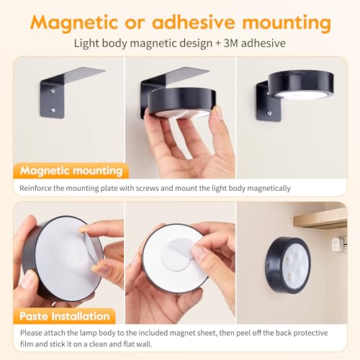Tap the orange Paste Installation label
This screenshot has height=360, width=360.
[65, 316]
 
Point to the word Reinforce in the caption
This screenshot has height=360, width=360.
[35, 188]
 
